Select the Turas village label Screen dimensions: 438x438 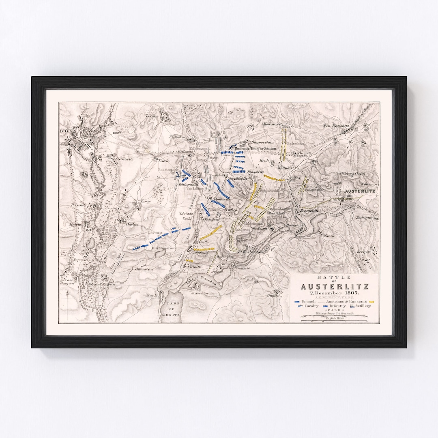click(x=145, y=201)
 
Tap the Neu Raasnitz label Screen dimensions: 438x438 click(x=333, y=126)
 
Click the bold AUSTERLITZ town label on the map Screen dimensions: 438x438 click(x=360, y=191)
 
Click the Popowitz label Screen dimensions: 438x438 click(x=80, y=260)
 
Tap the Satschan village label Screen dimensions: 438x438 click(x=200, y=293)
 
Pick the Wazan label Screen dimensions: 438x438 click(x=328, y=235)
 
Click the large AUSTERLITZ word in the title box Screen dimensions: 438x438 click(x=334, y=286)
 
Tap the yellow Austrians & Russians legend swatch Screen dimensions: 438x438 click(x=370, y=302)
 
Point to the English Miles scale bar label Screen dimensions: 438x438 click(x=335, y=318)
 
